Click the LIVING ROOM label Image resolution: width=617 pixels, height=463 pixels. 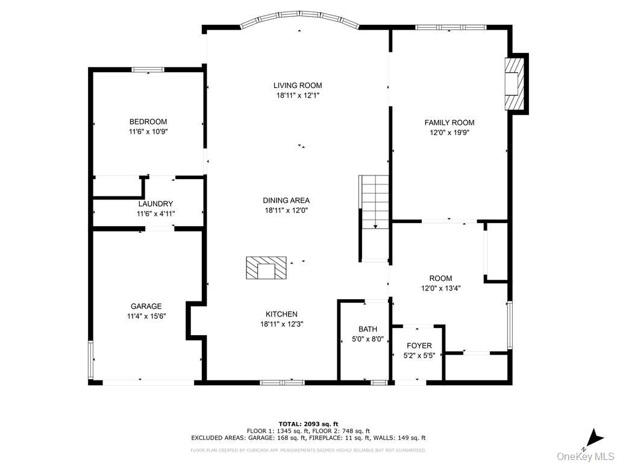298,86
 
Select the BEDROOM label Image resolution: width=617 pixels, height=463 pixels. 148,122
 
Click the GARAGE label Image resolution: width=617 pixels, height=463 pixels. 146,306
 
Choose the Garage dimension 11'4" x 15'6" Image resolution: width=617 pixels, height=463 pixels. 146,316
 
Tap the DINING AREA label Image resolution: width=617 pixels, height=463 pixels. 286,201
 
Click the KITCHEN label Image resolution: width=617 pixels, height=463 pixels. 282,314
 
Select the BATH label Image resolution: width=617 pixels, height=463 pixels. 368,329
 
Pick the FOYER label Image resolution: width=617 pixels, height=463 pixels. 419,346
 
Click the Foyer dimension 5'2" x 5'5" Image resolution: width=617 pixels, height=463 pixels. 419,356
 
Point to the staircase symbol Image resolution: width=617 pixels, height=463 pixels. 374,203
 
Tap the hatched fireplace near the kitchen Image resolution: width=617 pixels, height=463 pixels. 266,268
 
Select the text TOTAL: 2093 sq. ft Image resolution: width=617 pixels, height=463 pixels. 308,424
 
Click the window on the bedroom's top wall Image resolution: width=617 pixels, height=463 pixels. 148,70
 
